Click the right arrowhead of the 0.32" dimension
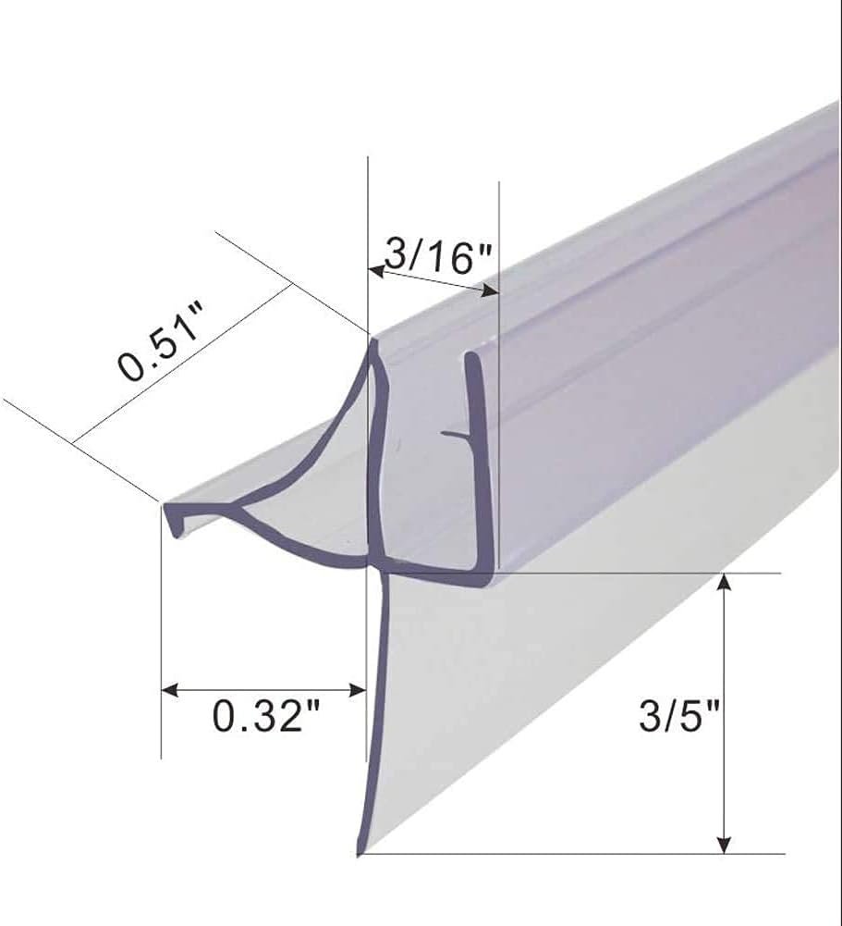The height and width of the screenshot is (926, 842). [x=359, y=690]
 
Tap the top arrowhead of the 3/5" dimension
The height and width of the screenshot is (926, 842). [x=726, y=582]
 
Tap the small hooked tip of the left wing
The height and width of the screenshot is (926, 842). [x=171, y=523]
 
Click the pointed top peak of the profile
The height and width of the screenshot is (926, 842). [x=374, y=343]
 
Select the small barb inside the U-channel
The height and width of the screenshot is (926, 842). [x=453, y=432]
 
